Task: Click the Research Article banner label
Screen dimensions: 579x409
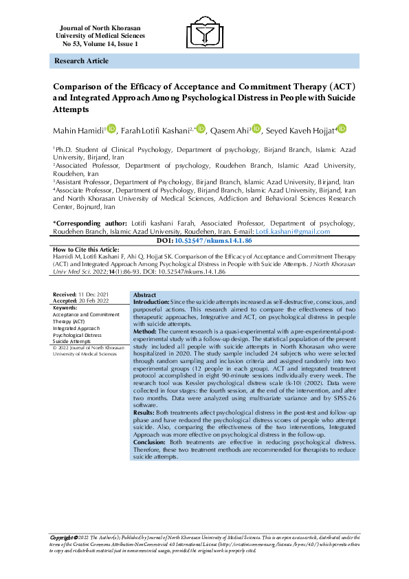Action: pyautogui.click(x=81, y=61)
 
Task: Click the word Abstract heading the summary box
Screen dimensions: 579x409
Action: pyautogui.click(x=145, y=294)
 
